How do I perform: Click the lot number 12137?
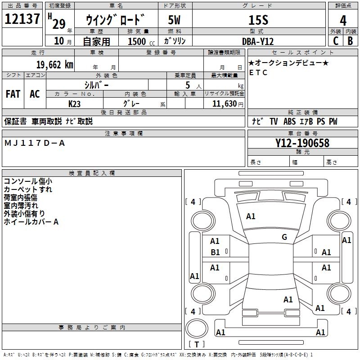click(23, 19)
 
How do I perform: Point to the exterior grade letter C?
click(335, 40)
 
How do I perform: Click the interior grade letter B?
click(351, 40)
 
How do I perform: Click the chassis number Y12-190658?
click(302, 143)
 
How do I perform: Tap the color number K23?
click(74, 103)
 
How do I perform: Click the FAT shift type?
click(13, 94)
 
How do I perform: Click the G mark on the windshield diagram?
click(284, 237)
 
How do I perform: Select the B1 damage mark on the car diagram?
click(216, 252)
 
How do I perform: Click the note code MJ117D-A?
click(35, 143)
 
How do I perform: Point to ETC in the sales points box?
click(258, 72)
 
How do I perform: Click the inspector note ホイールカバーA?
click(31, 222)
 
